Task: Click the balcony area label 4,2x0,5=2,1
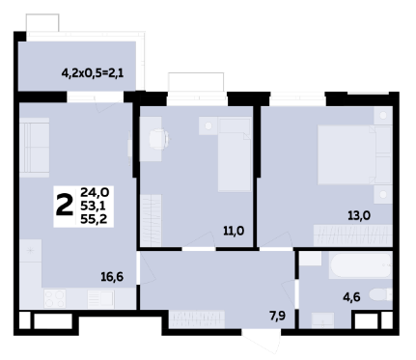[93, 73]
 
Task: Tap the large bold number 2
[65, 207]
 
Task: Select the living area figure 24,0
[95, 192]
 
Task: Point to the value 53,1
[94, 206]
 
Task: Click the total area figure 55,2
[94, 219]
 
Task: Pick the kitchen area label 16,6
[112, 277]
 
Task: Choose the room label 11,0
[234, 231]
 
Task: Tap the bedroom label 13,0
[359, 215]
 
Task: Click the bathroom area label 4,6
[351, 297]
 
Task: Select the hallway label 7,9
[278, 317]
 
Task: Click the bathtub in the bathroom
[360, 265]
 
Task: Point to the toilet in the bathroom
[380, 294]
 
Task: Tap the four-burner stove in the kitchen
[55, 298]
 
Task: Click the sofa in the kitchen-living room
[34, 148]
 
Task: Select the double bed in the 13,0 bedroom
[347, 155]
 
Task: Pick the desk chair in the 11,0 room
[159, 139]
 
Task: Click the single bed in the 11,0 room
[235, 154]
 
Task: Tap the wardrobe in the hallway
[197, 319]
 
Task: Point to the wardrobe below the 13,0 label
[353, 235]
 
